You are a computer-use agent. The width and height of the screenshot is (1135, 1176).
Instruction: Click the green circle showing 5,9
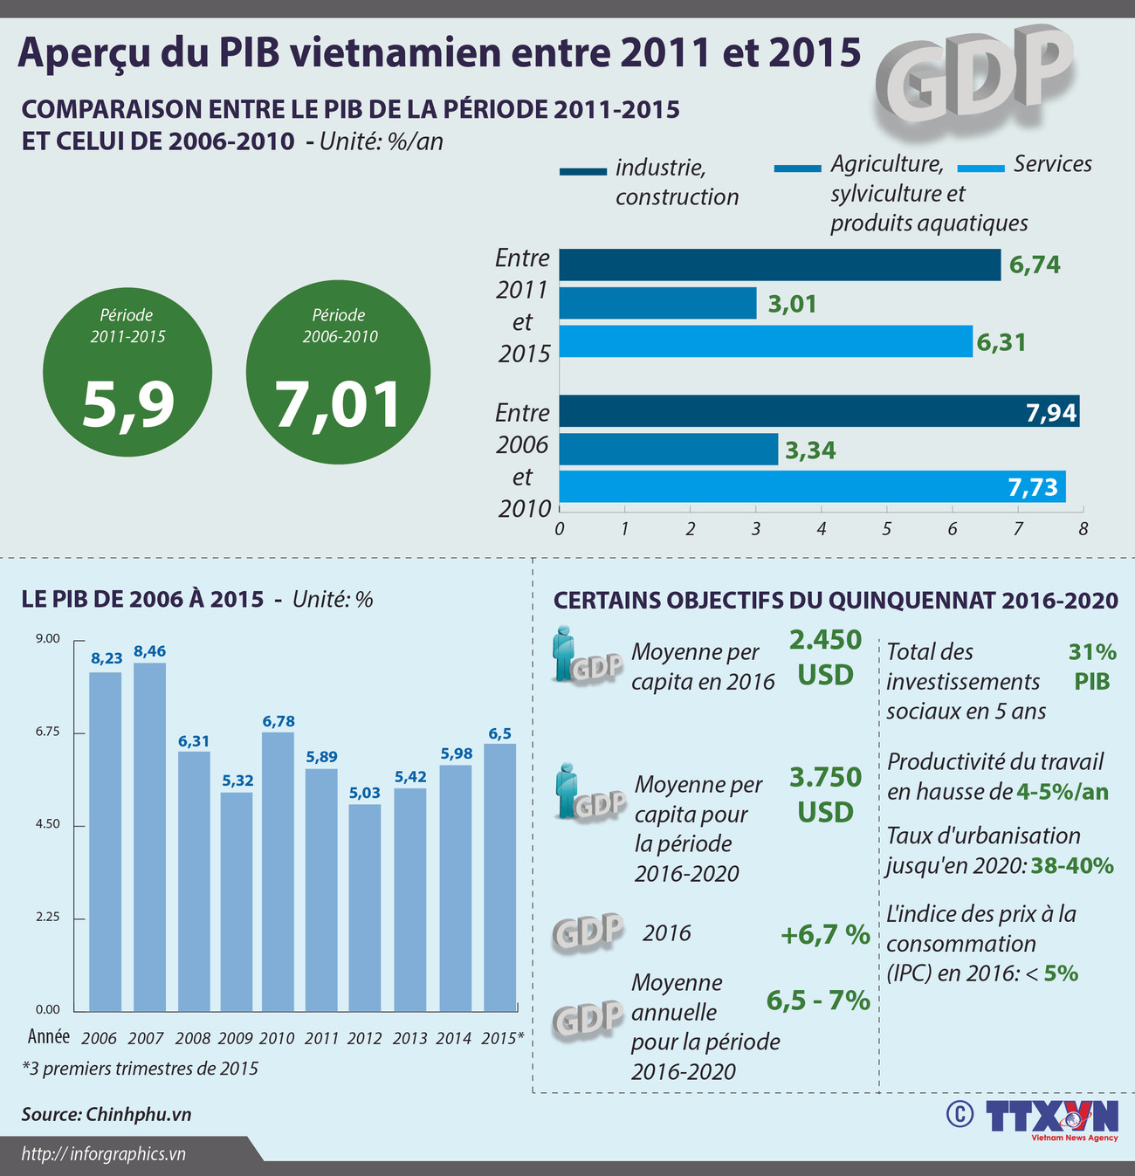(x=127, y=372)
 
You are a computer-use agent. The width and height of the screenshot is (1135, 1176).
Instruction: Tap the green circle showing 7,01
(x=339, y=372)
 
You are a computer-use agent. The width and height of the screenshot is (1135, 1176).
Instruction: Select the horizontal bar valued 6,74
(x=780, y=265)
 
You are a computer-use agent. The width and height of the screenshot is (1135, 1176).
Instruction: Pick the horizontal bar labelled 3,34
(x=668, y=450)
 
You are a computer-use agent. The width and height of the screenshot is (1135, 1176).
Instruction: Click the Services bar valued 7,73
(x=812, y=486)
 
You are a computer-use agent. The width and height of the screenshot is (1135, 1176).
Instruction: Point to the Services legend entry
(x=1025, y=165)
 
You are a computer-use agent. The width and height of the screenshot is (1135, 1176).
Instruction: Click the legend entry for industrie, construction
(x=650, y=182)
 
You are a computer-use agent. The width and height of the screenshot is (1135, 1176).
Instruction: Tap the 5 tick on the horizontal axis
(x=886, y=529)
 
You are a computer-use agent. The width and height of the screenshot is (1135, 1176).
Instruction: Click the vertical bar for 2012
(x=365, y=907)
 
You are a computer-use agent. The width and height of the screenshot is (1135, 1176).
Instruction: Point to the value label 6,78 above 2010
(x=279, y=721)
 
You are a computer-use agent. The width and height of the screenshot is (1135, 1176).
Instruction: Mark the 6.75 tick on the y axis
(x=48, y=732)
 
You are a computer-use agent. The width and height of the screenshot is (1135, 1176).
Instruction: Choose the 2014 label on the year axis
(x=454, y=1038)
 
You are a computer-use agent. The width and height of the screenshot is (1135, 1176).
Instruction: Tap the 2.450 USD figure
(x=825, y=657)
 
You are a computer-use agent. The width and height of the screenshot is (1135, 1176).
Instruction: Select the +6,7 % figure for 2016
(x=824, y=935)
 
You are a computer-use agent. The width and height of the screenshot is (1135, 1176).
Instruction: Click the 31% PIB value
(x=1091, y=666)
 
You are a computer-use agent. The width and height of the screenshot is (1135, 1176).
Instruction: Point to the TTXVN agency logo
(x=1051, y=1118)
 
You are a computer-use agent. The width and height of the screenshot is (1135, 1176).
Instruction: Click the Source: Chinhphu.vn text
(x=107, y=1115)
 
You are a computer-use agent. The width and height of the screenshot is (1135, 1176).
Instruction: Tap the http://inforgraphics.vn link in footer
(x=104, y=1154)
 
